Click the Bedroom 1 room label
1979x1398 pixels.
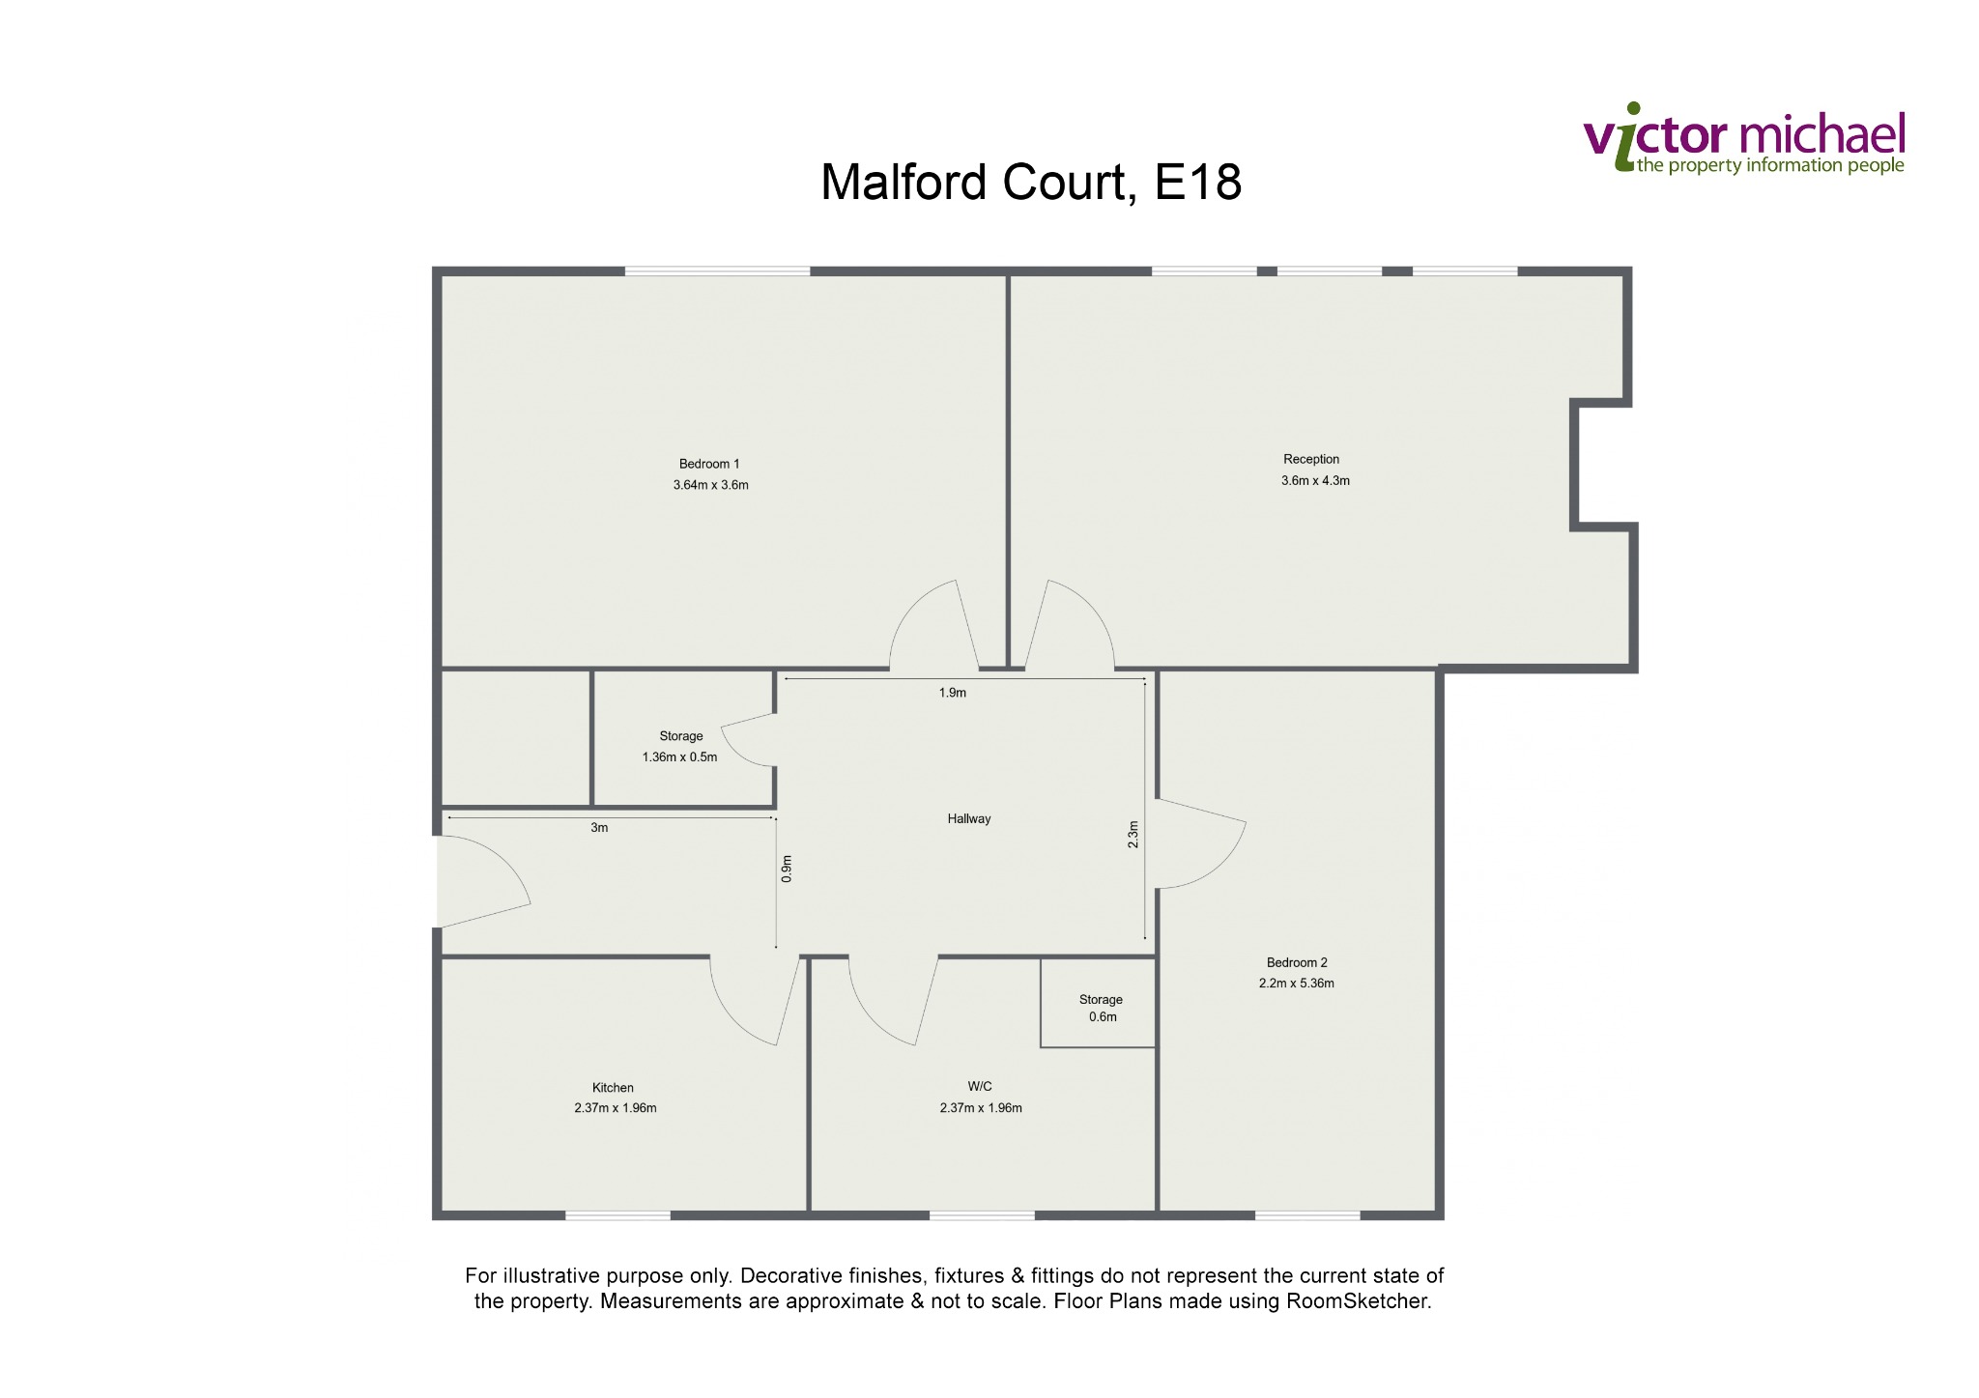[709, 464]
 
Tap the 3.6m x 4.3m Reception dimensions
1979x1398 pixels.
[1315, 480]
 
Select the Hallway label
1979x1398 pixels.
[969, 818]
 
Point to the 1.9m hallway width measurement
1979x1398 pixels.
[953, 692]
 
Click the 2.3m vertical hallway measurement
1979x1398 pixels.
[1133, 835]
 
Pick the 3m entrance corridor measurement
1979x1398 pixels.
[599, 827]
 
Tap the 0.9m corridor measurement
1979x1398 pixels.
[787, 869]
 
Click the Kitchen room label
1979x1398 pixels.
[613, 1087]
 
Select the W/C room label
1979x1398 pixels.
[980, 1086]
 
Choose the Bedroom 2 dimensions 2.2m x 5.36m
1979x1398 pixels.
[1297, 984]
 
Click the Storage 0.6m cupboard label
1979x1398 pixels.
[1102, 1008]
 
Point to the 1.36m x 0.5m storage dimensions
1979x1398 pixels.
[680, 756]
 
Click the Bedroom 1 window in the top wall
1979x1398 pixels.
[717, 271]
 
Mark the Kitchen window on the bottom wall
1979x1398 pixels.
[617, 1215]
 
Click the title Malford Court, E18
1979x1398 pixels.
[1031, 182]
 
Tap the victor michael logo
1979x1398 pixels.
[1744, 138]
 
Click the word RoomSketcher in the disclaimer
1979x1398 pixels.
[1357, 1300]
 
